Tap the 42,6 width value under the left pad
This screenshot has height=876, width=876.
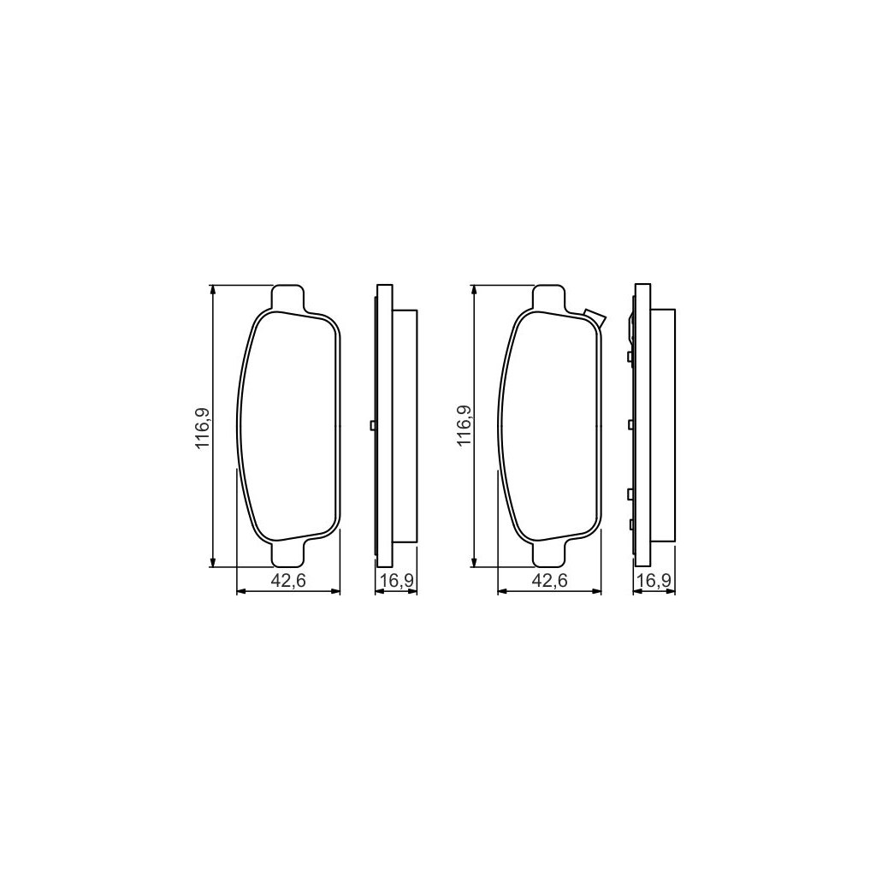click(288, 581)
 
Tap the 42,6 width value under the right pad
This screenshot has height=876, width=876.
click(550, 581)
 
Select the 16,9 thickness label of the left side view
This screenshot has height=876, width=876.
click(397, 581)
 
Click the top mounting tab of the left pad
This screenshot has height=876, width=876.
click(287, 298)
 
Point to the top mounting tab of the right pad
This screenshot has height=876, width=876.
click(549, 298)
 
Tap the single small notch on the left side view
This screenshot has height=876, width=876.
click(372, 425)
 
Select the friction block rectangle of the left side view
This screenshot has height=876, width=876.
click(405, 425)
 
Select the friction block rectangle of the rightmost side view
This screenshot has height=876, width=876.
click(663, 425)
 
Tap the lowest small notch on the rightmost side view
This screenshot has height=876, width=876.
click(630, 524)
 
